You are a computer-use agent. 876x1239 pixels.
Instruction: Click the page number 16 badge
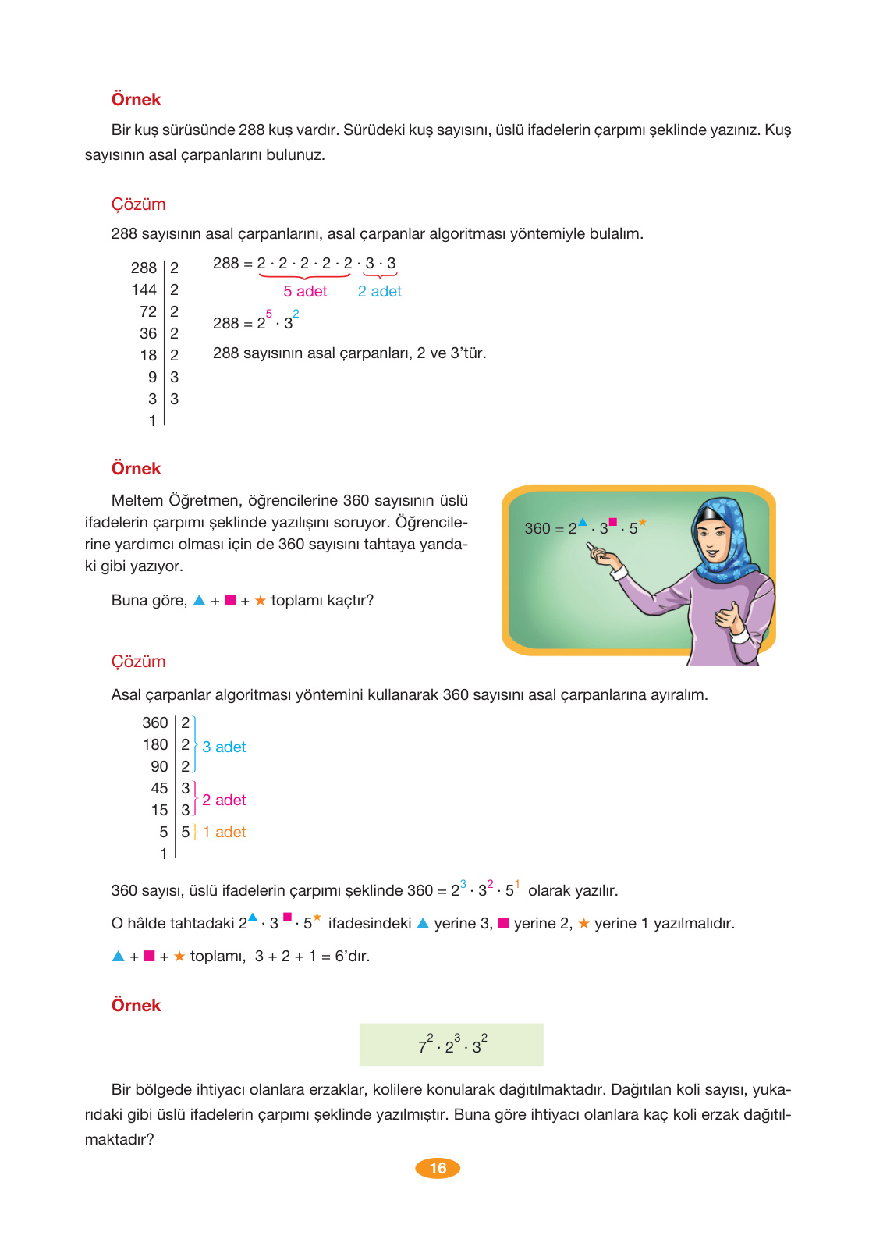[438, 1168]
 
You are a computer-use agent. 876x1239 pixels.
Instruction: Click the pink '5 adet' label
[305, 291]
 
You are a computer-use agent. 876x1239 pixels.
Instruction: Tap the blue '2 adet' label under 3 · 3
[379, 291]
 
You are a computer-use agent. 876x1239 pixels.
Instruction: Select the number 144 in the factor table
[144, 289]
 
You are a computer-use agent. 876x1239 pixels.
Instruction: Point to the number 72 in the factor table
[148, 311]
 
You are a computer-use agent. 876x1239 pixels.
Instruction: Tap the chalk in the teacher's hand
[591, 549]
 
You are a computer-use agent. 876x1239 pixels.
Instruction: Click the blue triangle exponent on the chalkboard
[583, 522]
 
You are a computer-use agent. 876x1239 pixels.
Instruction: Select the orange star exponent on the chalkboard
[643, 522]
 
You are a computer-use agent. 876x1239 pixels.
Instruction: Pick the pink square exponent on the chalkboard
[613, 522]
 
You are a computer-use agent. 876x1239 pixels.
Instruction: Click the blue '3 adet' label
[224, 747]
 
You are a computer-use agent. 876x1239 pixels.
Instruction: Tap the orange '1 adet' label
[224, 832]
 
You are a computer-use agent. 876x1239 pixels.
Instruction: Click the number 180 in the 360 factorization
[155, 744]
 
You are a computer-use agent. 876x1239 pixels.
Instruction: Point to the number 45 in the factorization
[159, 788]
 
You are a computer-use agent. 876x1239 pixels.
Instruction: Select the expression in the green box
[452, 1045]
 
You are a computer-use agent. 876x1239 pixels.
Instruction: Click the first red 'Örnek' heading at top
[136, 99]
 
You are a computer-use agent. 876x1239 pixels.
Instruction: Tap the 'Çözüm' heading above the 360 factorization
[138, 661]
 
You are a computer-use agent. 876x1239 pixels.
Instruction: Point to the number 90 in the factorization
[159, 766]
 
